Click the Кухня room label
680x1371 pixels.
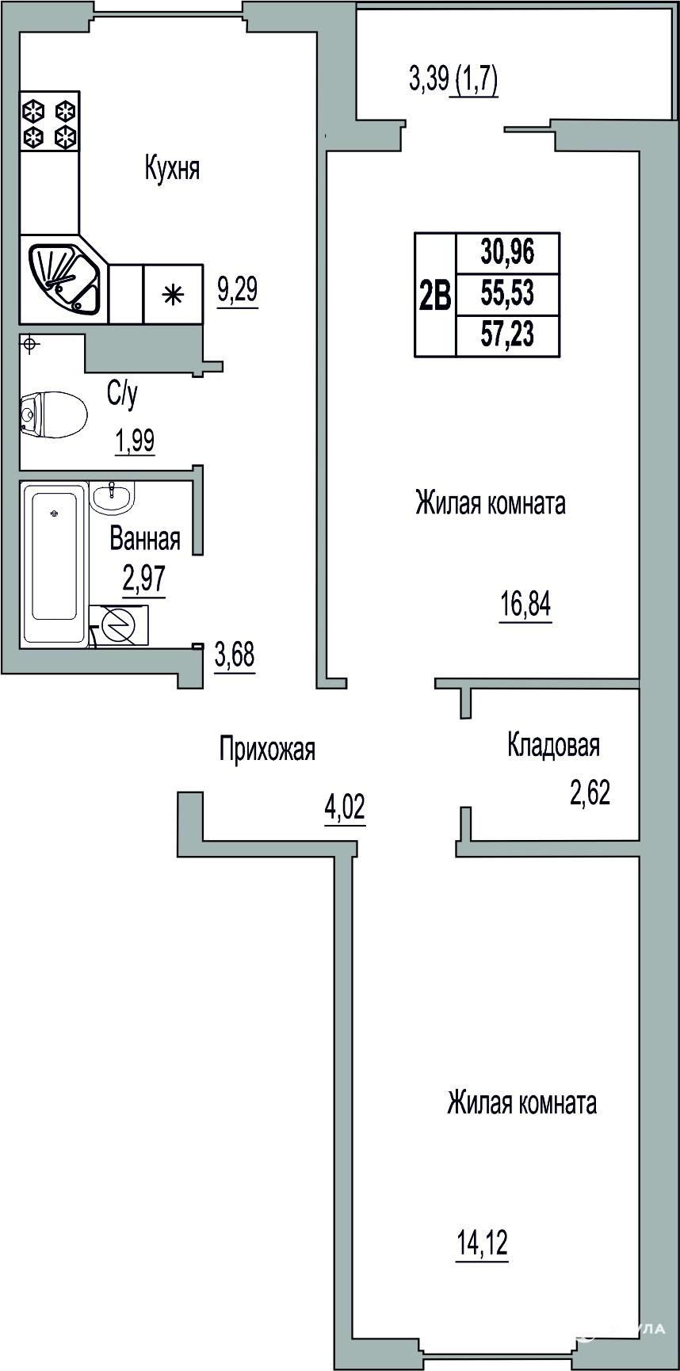(x=172, y=169)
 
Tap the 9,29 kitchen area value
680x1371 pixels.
(x=237, y=290)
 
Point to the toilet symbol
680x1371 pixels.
(x=53, y=414)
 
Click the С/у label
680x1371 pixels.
(x=123, y=394)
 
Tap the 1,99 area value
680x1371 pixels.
(x=135, y=441)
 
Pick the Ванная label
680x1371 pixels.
(x=145, y=540)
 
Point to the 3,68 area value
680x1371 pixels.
(x=235, y=657)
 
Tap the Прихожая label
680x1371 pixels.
(x=267, y=749)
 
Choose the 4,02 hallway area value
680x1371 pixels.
(x=345, y=809)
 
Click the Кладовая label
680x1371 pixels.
(x=553, y=745)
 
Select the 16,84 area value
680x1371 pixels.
(x=525, y=605)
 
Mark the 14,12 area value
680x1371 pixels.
(x=481, y=1245)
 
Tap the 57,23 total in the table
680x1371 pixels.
(x=507, y=335)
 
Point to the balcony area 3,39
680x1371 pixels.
(x=429, y=79)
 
